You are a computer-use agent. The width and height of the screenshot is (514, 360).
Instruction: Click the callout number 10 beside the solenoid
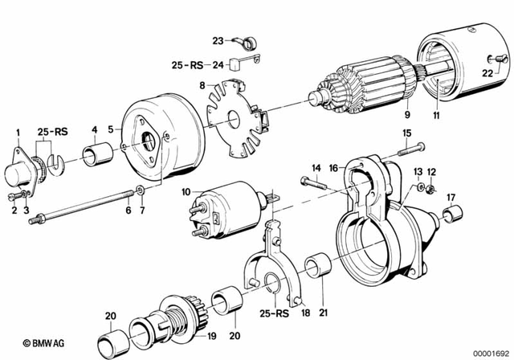point(186,193)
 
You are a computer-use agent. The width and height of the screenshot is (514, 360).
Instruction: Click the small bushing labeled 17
point(451,215)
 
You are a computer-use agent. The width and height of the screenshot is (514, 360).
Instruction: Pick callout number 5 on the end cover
point(121,129)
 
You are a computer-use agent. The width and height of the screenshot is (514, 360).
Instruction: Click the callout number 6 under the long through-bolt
point(127,211)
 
